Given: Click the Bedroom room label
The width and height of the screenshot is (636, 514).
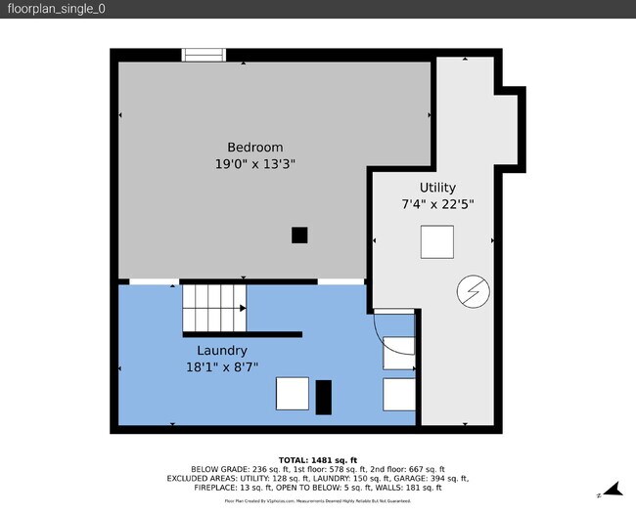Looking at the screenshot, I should tap(255, 148).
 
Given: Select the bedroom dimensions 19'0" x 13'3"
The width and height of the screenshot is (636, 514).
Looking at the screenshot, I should tap(255, 164).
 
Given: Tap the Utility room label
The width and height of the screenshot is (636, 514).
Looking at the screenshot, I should tap(437, 187).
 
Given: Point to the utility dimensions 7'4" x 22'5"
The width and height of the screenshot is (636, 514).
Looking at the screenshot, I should tap(437, 204).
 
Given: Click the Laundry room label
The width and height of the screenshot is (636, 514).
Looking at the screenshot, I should tap(221, 350).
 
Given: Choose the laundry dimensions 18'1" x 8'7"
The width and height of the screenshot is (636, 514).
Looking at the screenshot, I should tap(221, 367).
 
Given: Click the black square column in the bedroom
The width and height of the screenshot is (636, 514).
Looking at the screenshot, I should tap(299, 235).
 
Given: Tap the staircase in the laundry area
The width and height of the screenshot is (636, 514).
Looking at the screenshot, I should tap(214, 307).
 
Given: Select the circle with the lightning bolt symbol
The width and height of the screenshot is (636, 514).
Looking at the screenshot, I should tap(472, 290).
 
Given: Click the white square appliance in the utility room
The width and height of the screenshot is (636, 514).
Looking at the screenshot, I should tap(436, 241).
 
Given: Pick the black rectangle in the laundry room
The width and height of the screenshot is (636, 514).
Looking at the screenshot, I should tap(324, 395).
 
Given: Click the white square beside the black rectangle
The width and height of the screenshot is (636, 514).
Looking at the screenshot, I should tap(293, 393).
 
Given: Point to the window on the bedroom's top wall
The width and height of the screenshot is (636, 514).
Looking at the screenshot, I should tap(204, 56).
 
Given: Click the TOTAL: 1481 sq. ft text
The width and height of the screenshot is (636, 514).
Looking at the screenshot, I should tap(318, 459).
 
